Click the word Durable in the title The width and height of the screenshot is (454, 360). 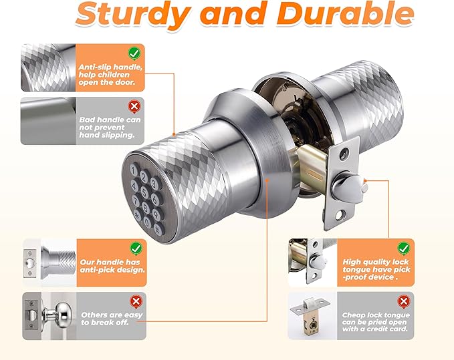pyautogui.click(x=346, y=13)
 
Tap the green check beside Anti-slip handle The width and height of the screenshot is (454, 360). pyautogui.click(x=134, y=53)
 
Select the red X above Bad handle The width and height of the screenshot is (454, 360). pyautogui.click(x=134, y=106)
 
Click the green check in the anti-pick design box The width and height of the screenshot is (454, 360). pyautogui.click(x=136, y=248)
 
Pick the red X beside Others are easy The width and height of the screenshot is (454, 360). pyautogui.click(x=136, y=302)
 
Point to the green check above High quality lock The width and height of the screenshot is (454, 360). pyautogui.click(x=404, y=248)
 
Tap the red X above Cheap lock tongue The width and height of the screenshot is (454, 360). pyautogui.click(x=404, y=302)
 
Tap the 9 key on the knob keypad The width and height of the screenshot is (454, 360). pyautogui.click(x=156, y=214)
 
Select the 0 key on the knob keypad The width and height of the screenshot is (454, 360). pyautogui.click(x=147, y=222)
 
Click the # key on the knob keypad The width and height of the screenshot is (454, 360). pyautogui.click(x=158, y=230)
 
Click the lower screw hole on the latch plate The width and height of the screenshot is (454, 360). pyautogui.click(x=340, y=215)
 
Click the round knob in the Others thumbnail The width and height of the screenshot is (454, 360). pyautogui.click(x=61, y=312)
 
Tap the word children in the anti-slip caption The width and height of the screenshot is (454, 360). pyautogui.click(x=114, y=75)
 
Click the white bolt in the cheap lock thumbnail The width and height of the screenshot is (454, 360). pyautogui.click(x=310, y=303)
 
